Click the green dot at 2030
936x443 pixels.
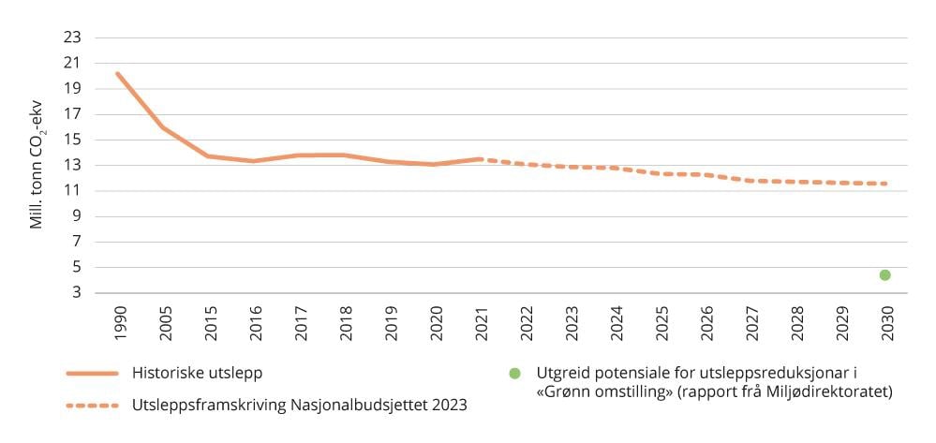tap(884, 274)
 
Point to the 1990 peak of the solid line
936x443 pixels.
tap(117, 73)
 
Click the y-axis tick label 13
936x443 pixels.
tap(73, 166)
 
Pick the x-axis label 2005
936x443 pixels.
tap(163, 322)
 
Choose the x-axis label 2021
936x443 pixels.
tap(478, 322)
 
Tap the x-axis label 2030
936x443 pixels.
tap(884, 322)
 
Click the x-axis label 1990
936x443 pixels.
tap(118, 322)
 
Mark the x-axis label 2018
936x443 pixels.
tap(343, 322)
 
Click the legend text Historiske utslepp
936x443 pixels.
tap(197, 373)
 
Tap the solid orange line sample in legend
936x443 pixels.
tap(92, 374)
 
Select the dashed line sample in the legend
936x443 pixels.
tap(92, 406)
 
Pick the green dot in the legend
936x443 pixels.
tap(514, 374)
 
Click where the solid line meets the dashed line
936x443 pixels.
tap(479, 159)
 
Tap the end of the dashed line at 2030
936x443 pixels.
tap(884, 184)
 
